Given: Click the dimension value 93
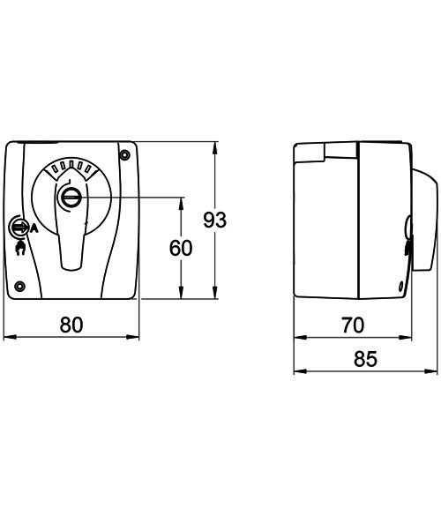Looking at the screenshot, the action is [x=214, y=220].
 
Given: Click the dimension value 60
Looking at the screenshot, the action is [x=181, y=248].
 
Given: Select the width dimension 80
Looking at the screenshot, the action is [x=71, y=325].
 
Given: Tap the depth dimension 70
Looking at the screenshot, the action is [x=353, y=325].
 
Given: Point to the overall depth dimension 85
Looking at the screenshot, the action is [x=365, y=359].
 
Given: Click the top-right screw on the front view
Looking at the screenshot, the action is [x=124, y=154].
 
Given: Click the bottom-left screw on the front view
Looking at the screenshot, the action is [x=20, y=286].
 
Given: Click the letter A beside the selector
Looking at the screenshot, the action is [x=34, y=228].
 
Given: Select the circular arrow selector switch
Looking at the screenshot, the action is [x=19, y=226].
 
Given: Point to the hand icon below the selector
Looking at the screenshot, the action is [x=20, y=248].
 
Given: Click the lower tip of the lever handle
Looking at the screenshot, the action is [x=71, y=270].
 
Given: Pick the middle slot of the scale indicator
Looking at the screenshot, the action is [x=71, y=164].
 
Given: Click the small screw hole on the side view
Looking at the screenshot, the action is [x=400, y=287].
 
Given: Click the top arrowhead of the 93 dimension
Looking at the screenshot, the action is [x=214, y=148].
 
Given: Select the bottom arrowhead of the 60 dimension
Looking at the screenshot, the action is [x=181, y=293].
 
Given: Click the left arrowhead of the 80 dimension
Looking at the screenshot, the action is [x=9, y=337].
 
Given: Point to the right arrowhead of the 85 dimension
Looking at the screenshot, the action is [x=432, y=371].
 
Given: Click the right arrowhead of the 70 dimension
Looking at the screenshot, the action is [x=405, y=337].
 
